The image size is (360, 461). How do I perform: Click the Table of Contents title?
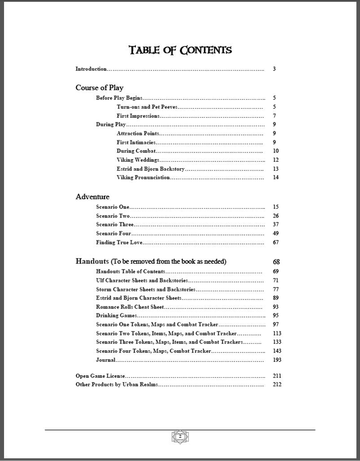180,50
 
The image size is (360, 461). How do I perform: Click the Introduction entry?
91,69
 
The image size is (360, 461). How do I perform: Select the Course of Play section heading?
99,87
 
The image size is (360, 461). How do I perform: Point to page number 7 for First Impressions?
274,116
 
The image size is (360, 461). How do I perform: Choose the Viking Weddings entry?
138,160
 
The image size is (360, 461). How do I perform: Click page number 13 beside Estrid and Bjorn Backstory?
275,169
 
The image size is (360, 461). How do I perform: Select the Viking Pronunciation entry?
143,177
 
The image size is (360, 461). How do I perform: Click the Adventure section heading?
92,196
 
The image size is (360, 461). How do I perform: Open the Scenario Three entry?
115,224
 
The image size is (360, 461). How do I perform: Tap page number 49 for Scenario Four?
275,233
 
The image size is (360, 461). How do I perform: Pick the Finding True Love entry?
119,242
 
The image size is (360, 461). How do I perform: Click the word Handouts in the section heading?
92,261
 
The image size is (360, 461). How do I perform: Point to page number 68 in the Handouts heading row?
276,261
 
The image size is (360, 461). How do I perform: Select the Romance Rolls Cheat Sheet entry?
130,307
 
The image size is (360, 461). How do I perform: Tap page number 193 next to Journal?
277,360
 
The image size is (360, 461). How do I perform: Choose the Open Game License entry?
100,376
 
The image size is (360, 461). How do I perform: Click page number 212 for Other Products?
277,384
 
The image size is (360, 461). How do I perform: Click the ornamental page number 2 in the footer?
180,436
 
